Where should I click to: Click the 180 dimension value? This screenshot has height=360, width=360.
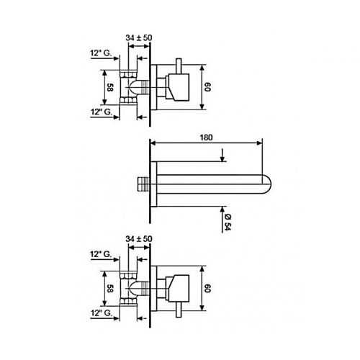point(206,138)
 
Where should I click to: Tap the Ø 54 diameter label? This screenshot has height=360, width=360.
point(228,222)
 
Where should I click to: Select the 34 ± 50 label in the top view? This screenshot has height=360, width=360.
point(139,37)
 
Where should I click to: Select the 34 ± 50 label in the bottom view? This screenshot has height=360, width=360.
point(139,239)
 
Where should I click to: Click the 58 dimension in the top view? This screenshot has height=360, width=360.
point(109,87)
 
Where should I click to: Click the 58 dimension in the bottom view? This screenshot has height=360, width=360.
point(109,288)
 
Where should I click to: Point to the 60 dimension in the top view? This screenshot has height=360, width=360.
point(207,87)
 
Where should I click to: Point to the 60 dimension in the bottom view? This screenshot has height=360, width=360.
point(207,288)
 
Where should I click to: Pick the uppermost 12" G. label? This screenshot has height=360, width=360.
point(101,53)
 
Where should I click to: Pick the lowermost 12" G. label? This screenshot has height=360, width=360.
point(102,313)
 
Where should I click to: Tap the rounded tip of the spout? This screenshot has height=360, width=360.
point(267,184)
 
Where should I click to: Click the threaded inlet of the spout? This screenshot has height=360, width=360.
point(143,184)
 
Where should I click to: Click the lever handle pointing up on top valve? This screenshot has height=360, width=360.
point(179,66)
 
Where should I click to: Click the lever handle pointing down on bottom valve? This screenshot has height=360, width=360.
point(179,310)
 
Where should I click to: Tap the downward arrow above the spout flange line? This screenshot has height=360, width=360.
point(222,155)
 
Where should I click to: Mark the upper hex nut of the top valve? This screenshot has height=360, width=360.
point(128,74)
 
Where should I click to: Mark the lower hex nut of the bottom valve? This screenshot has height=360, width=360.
point(128,301)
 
